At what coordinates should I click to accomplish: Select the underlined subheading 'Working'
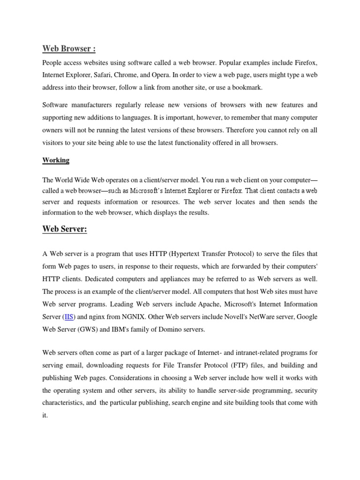click(x=56, y=160)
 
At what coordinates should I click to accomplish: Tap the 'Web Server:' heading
click(x=65, y=229)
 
